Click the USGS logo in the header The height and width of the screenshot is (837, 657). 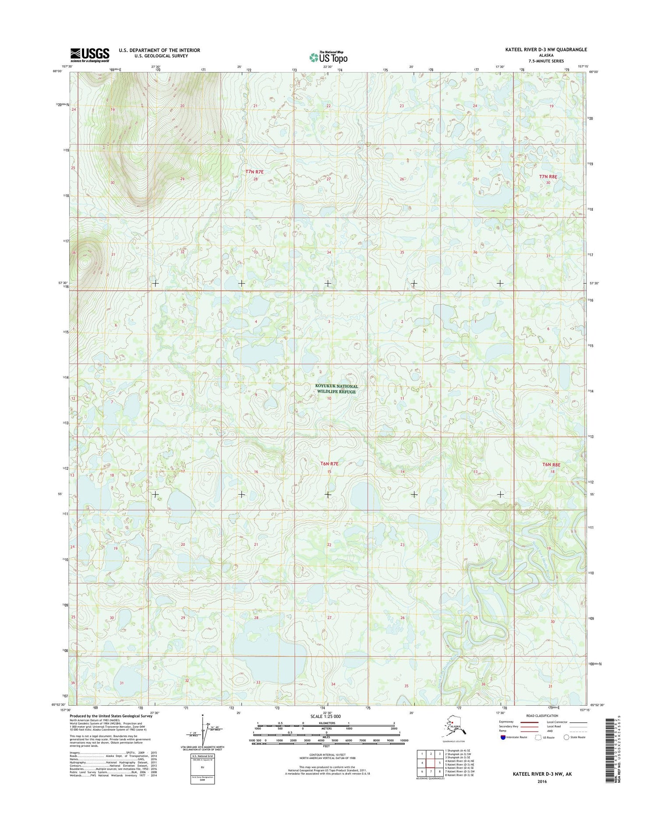click(90, 55)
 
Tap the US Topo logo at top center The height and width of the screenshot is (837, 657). click(328, 57)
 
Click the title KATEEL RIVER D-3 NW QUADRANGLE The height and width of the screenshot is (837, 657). click(546, 50)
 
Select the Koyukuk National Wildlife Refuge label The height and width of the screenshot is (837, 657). click(336, 389)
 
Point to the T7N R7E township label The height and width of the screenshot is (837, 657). click(254, 172)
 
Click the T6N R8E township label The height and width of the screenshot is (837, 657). click(551, 464)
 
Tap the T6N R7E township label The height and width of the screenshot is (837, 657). click(329, 464)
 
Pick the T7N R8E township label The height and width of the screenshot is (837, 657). click(548, 176)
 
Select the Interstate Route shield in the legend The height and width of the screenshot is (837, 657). click(503, 737)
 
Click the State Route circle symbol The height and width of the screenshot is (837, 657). click(566, 737)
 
